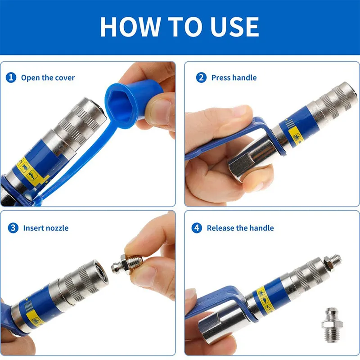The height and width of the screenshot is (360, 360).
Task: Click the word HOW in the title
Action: pos(130,27)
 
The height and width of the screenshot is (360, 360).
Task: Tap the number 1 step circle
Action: pos(11,77)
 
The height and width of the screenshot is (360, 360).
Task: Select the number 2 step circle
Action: pos(201,77)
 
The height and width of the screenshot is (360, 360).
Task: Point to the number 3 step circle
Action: pos(13,228)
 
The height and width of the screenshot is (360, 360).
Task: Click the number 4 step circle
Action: pos(197,228)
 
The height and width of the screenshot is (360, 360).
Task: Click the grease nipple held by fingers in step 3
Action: pos(127,264)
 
